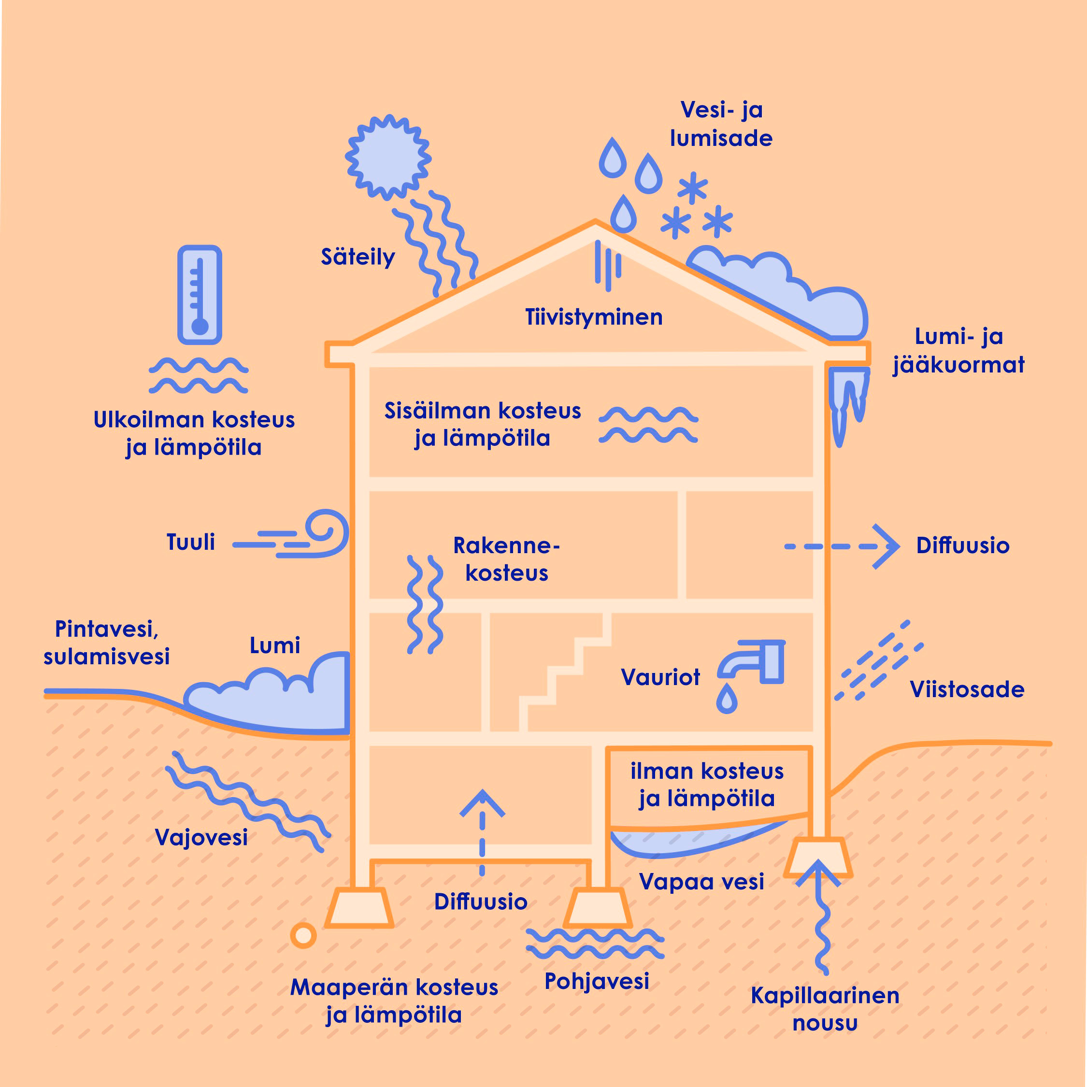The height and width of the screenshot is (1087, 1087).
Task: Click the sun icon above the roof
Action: (388, 157)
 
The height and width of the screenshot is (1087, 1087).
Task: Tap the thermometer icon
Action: (200, 294)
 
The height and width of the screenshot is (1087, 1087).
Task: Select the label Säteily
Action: (358, 257)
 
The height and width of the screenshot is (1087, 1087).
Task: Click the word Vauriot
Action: (660, 677)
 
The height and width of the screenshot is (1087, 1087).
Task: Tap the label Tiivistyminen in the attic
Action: (594, 317)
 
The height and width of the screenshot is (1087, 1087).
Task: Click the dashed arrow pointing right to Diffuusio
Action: (842, 546)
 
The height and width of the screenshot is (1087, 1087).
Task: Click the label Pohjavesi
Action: (596, 981)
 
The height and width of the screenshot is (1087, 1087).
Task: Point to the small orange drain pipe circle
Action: (303, 936)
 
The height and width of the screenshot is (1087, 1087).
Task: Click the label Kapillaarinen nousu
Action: (825, 1009)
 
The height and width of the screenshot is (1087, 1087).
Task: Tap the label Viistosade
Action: (967, 689)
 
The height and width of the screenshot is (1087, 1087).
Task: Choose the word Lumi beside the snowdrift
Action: (274, 645)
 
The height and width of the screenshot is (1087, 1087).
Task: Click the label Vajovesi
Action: (201, 837)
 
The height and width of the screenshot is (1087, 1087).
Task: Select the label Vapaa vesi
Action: (701, 882)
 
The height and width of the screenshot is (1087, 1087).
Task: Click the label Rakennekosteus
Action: (506, 559)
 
